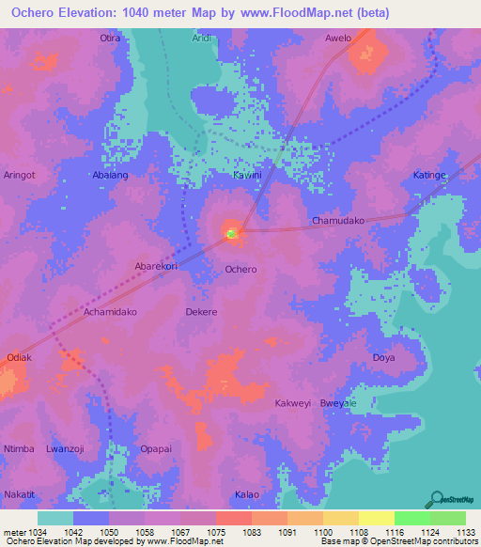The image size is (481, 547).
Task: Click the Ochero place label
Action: pos(240,270)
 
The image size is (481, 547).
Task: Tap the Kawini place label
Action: pos(247,176)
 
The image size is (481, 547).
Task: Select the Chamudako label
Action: pos(337,221)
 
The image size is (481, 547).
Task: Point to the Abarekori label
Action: pos(156,266)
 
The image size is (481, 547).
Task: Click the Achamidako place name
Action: pos(111,311)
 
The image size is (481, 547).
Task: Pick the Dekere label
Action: pos(202,311)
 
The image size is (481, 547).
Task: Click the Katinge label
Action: pos(429,176)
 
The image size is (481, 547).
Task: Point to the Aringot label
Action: pos(20,176)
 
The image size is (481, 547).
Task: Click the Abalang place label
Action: pos(111,176)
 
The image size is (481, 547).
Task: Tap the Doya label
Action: pos(383,357)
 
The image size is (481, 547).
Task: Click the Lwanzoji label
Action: pos(66,448)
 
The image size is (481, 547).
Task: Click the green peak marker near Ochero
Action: pos(232,230)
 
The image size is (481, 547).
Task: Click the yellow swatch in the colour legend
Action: pos(376,518)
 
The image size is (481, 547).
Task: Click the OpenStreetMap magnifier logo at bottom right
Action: pos(435,499)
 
